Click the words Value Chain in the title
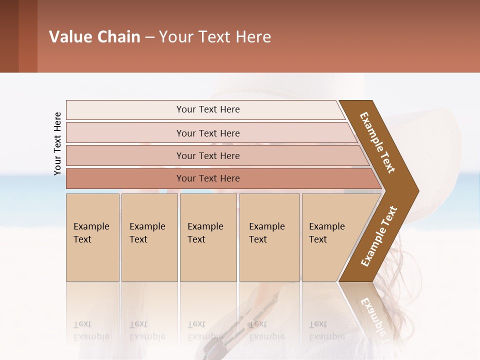point(94,37)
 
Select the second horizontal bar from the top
point(207,133)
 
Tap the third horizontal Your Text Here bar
point(207,155)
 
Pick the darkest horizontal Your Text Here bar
point(207,178)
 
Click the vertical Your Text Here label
point(57,143)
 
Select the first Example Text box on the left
point(92,237)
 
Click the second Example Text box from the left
point(149,237)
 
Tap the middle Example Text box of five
point(208,237)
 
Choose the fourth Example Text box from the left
point(269,237)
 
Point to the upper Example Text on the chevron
point(377,143)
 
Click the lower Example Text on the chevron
point(378,236)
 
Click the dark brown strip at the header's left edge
point(9,36)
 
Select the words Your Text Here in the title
point(215,37)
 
